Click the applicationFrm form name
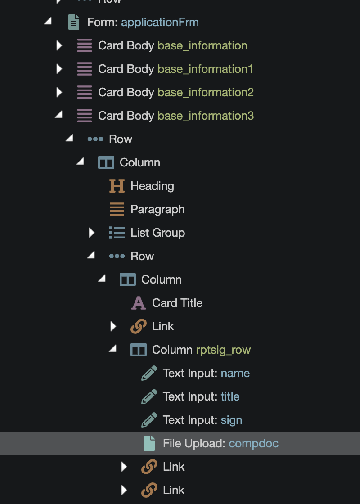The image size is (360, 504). tap(160, 22)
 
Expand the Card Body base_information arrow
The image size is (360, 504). tap(59, 45)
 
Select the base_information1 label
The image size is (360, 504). tap(205, 69)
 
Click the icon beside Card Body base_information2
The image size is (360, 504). tap(84, 92)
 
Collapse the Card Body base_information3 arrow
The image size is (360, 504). tap(58, 115)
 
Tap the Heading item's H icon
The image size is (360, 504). tap(117, 186)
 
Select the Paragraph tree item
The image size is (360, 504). tap(157, 209)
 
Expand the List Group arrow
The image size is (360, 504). tap(92, 233)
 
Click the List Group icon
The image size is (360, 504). tap(117, 233)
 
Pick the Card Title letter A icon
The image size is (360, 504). tap(139, 303)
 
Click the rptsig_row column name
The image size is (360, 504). tap(223, 350)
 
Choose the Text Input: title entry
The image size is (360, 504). tap(201, 396)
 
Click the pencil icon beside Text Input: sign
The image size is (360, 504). tap(149, 420)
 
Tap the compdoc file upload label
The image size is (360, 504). tap(253, 443)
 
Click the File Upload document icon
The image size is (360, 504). tap(149, 443)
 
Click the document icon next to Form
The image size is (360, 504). tap(74, 22)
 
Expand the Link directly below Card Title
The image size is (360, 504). tap(113, 326)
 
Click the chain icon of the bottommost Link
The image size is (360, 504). tap(149, 490)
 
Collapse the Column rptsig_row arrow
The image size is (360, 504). tap(113, 349)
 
